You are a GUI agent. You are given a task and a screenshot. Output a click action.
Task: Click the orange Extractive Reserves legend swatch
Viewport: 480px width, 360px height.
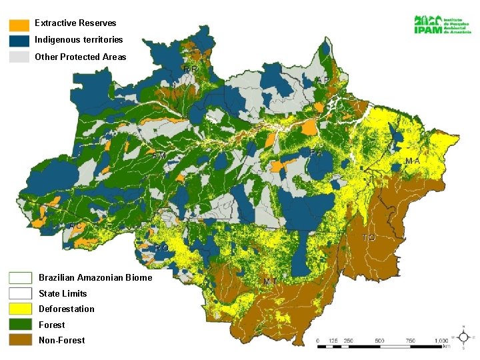point(19,24)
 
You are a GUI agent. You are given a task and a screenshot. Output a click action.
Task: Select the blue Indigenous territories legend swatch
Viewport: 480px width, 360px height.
point(19,40)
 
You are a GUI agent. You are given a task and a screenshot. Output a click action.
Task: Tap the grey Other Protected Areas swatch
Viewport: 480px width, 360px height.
point(19,57)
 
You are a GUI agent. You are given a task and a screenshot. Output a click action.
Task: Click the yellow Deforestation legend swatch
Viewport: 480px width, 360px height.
point(20,309)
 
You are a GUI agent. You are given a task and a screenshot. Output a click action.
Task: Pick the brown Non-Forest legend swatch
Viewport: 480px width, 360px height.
point(20,340)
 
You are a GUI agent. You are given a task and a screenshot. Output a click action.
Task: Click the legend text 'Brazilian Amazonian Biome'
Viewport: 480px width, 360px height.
point(95,277)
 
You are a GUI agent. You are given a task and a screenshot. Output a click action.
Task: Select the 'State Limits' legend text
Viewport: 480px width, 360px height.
point(63,293)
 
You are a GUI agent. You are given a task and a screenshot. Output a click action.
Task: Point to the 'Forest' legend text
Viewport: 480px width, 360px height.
point(52,325)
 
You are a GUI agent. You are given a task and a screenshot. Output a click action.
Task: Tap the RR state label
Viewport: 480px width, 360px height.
point(190,69)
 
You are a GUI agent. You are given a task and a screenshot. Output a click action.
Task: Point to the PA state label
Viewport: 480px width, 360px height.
point(317,153)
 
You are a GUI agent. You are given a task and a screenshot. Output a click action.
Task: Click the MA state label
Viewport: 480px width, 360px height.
point(413,161)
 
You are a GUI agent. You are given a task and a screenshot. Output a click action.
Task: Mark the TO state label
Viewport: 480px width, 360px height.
point(369,237)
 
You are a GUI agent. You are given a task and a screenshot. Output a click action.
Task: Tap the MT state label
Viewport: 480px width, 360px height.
point(270,281)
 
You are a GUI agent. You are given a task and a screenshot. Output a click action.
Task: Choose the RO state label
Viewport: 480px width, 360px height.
point(161,247)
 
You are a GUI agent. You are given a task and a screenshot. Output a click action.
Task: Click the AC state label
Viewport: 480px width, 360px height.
point(76,226)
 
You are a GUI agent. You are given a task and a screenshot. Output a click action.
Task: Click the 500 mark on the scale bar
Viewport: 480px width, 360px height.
point(379,340)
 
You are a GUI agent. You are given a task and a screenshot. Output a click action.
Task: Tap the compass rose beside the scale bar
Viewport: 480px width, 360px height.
point(463,337)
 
